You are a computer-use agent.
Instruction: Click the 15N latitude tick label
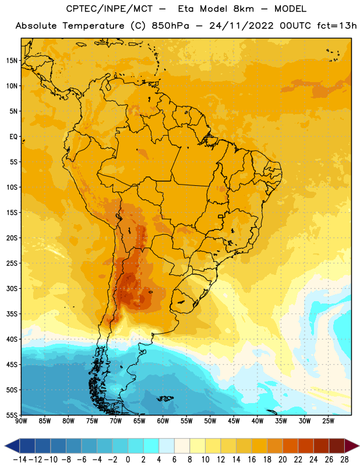click(12, 61)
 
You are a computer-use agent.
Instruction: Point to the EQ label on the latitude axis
click(13, 137)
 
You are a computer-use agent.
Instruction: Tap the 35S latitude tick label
click(12, 314)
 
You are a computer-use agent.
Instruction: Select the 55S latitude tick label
click(12, 415)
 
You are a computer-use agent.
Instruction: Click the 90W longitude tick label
click(21, 421)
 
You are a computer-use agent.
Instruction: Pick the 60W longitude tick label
click(163, 421)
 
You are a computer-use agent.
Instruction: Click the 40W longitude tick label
click(257, 421)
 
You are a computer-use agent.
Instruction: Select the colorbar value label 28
click(344, 460)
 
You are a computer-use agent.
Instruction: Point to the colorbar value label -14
click(20, 460)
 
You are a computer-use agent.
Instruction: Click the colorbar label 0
click(128, 460)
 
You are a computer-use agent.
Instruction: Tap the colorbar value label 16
click(252, 460)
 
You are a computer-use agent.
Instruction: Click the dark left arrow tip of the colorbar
click(5, 446)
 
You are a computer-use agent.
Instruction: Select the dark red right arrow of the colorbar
click(352, 446)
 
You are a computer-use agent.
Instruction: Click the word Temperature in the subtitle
click(93, 26)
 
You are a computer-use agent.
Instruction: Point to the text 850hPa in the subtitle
click(170, 26)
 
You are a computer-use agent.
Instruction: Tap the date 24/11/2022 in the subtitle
click(241, 26)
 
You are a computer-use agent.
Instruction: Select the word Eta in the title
click(186, 9)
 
